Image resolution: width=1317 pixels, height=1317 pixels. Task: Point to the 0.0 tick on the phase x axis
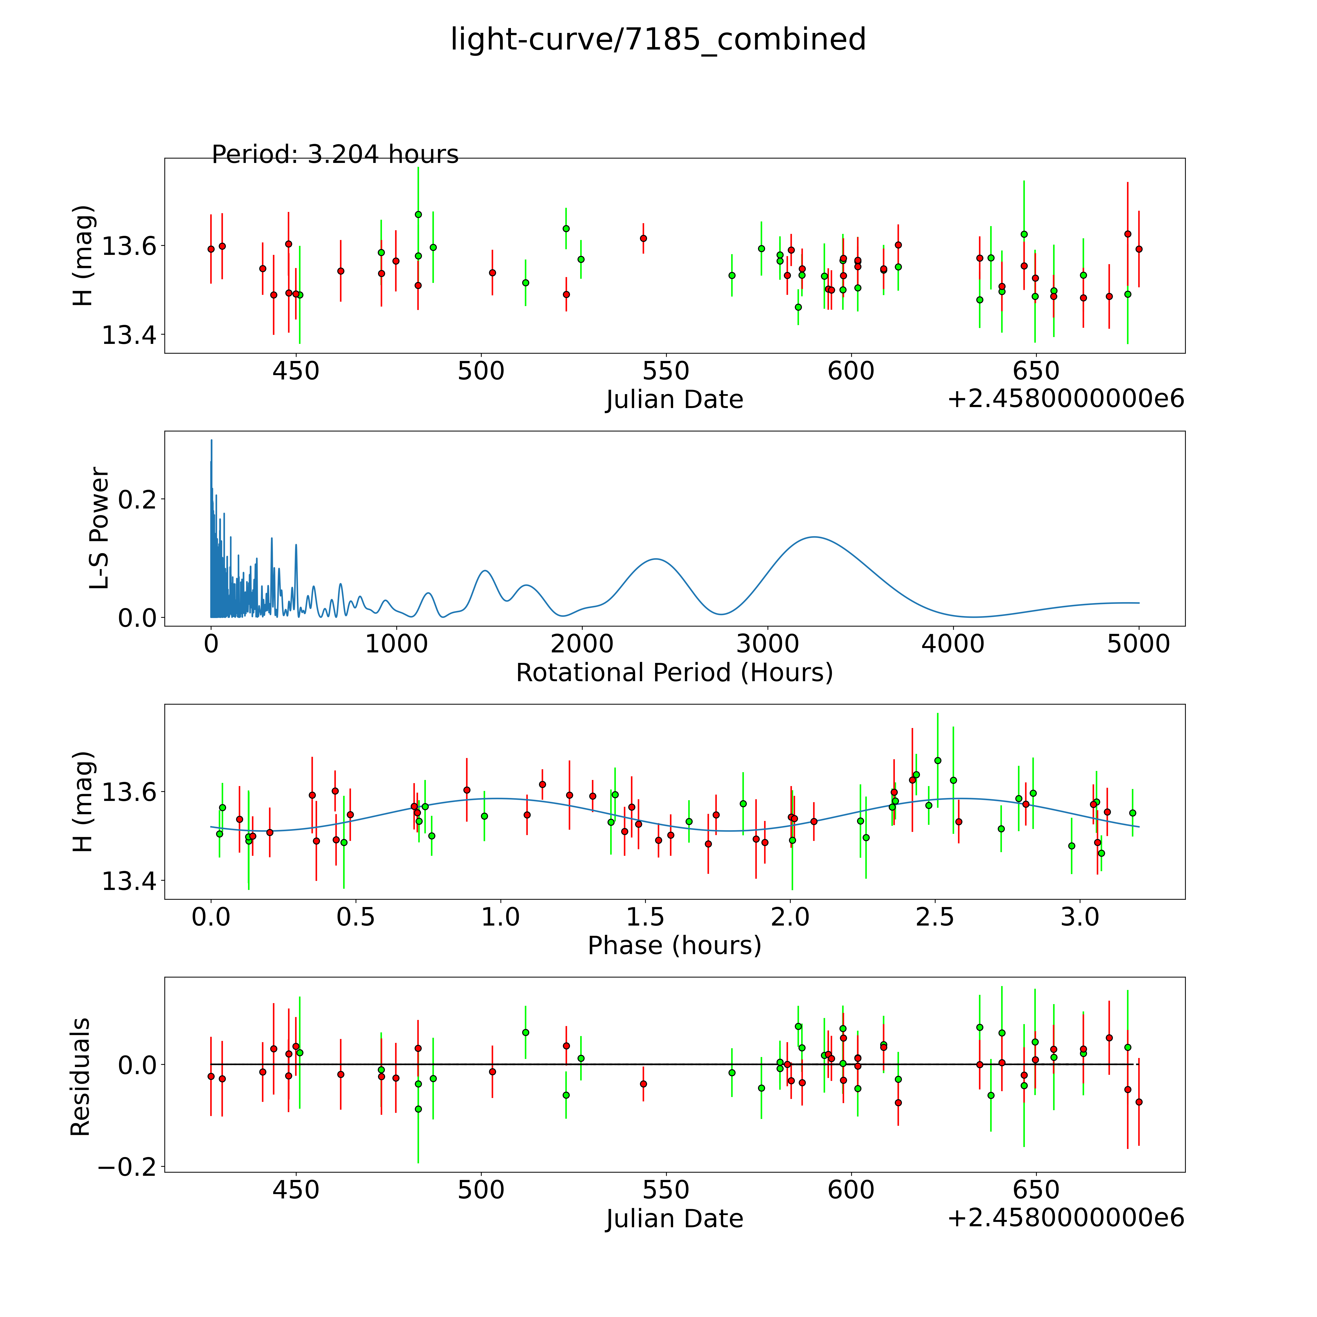[x=211, y=918]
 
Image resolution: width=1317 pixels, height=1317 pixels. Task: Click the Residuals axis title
[x=80, y=1077]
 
